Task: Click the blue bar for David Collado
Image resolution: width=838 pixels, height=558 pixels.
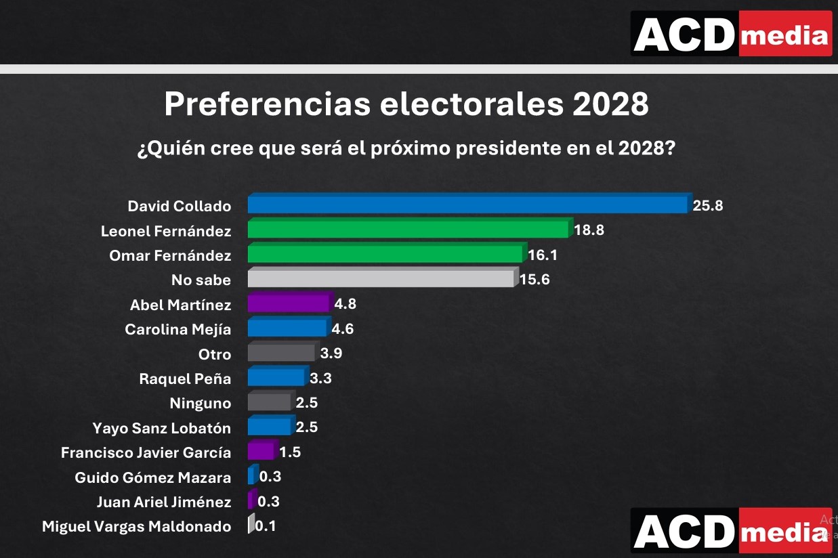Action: point(467,205)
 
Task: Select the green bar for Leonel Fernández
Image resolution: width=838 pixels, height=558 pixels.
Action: point(408,230)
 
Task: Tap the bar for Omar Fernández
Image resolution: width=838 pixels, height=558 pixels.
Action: point(385,254)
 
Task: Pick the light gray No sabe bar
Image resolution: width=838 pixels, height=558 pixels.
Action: point(380,279)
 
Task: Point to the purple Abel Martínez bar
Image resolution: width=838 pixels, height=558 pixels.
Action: point(289,303)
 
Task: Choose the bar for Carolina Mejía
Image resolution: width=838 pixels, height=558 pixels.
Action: point(287,328)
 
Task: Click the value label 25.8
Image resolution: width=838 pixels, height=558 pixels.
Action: point(708,206)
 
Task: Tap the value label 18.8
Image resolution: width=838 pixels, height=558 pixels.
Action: point(589,230)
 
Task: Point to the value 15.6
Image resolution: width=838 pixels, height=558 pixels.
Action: point(535,280)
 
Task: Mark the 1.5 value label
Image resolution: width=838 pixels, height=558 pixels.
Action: point(290,452)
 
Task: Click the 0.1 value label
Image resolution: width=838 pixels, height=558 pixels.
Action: point(266,526)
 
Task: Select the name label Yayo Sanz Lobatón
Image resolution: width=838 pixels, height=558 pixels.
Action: point(161,428)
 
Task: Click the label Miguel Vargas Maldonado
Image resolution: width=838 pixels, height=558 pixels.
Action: point(136,526)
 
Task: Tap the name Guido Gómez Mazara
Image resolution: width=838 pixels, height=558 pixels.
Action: point(152,477)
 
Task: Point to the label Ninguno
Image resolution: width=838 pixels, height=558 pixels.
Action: point(200,404)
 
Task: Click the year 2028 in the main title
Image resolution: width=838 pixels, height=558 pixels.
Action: point(610,105)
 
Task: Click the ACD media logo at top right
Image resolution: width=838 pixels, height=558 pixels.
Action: point(731,33)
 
